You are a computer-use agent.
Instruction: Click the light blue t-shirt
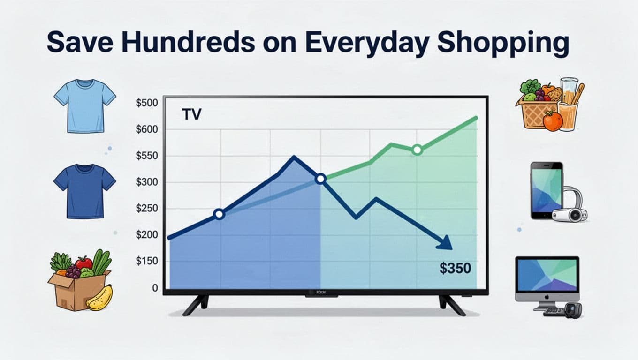click(x=84, y=105)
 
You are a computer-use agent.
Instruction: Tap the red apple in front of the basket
click(x=553, y=121)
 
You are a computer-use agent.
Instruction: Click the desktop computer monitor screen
click(x=547, y=274)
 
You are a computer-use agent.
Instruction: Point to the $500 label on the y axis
click(x=147, y=103)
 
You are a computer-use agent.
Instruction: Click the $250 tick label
click(x=147, y=209)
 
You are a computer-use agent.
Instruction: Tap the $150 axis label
click(x=147, y=262)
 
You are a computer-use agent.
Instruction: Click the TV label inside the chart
click(x=191, y=114)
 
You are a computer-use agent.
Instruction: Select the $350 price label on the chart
click(x=455, y=268)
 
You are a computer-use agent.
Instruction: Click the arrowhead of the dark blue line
click(x=445, y=242)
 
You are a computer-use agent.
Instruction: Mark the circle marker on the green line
click(x=417, y=150)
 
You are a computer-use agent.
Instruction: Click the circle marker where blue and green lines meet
click(x=320, y=179)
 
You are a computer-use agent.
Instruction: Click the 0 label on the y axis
click(x=155, y=288)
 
